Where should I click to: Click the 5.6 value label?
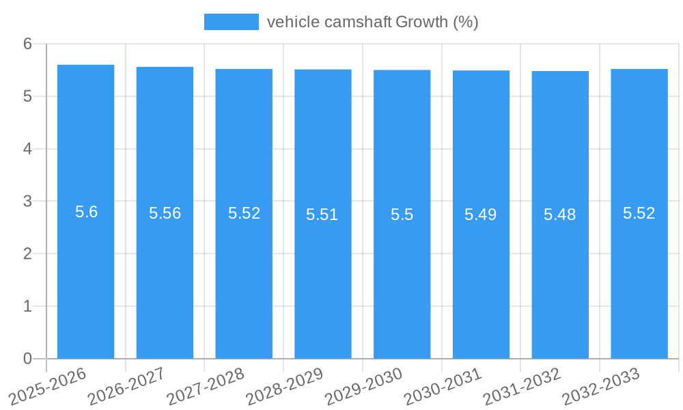point(86,212)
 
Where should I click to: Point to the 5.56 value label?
point(165,213)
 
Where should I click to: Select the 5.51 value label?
point(322,215)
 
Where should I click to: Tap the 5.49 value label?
point(481,215)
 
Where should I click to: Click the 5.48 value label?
point(560,215)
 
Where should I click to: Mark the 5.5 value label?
point(402,215)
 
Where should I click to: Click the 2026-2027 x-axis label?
point(127,386)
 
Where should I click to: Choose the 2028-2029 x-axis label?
point(285,386)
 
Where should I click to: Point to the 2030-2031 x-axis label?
point(443,386)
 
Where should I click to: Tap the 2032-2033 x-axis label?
point(601,386)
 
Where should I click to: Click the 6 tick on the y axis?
point(27,44)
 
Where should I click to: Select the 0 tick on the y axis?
point(27,359)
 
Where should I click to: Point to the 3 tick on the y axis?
point(27,202)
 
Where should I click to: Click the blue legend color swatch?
point(232,22)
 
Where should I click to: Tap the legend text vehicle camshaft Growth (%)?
point(372,22)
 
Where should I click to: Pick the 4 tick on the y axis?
point(27,149)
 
